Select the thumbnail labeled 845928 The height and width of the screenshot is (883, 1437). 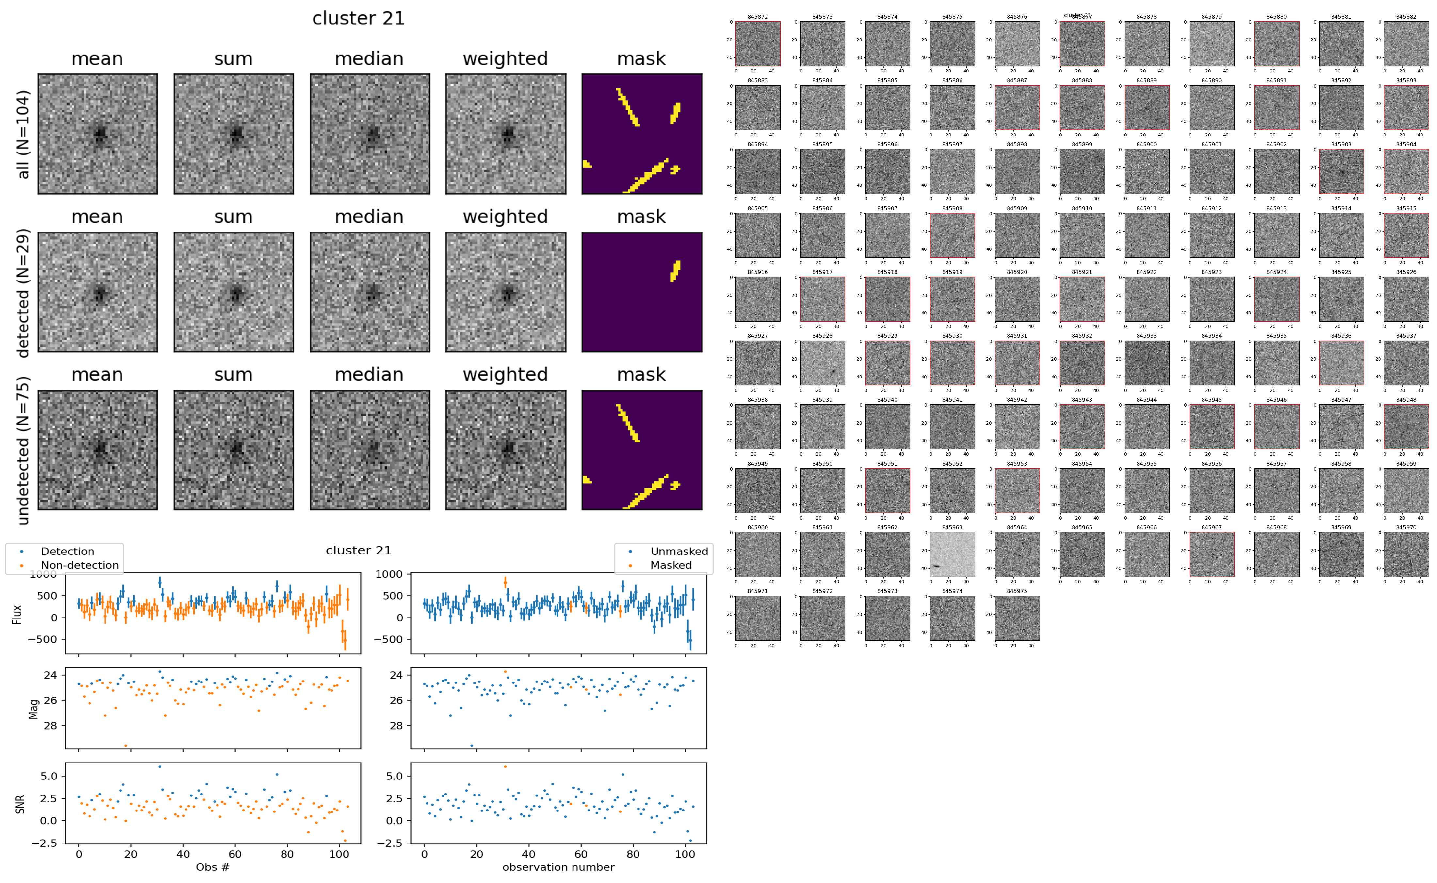tap(822, 363)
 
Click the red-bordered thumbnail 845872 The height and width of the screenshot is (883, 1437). tap(757, 44)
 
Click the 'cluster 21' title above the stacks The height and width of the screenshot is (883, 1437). tap(359, 19)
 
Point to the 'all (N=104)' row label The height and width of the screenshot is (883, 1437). tap(24, 134)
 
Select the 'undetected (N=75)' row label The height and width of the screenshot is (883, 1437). tap(24, 450)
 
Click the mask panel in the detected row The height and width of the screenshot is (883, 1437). tap(642, 292)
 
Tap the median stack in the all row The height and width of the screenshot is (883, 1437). tap(370, 134)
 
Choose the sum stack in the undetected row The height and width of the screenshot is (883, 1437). tap(234, 450)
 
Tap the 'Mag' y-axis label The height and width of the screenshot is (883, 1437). tap(33, 708)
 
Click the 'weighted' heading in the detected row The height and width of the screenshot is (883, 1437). tap(505, 217)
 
